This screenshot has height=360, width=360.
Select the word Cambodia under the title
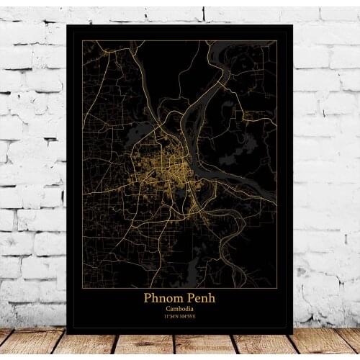point(180,309)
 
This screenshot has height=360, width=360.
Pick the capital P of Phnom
point(148,297)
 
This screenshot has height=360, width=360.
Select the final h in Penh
point(211,297)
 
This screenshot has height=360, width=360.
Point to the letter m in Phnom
point(176,298)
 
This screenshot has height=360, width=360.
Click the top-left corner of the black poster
point(66,24)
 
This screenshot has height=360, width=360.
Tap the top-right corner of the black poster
point(293,24)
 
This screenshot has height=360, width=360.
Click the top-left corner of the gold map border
point(82,41)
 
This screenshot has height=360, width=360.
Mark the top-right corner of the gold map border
point(277,41)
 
